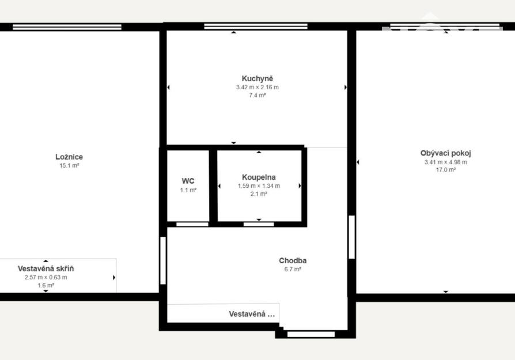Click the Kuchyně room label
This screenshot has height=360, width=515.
click(257, 79)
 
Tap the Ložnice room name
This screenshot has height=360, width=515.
click(69, 157)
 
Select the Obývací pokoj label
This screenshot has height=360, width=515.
click(445, 153)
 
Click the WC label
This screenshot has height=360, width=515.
click(188, 181)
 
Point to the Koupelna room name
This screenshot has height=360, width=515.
click(259, 177)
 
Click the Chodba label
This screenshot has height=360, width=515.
click(293, 261)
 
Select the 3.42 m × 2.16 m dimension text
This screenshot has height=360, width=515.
click(257, 88)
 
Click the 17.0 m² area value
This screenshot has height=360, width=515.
click(446, 170)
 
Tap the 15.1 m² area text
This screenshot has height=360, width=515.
click(69, 165)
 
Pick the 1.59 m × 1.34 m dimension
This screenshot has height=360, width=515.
click(259, 186)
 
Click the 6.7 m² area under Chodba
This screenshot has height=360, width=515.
click(293, 270)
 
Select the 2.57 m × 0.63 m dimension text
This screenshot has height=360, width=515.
click(46, 277)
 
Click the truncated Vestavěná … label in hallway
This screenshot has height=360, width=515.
click(252, 314)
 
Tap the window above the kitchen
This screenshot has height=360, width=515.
click(256, 26)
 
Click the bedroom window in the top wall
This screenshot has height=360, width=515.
click(67, 27)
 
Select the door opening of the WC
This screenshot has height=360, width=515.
click(192, 224)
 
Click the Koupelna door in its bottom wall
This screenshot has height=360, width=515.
click(259, 224)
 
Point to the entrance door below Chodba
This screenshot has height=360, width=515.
click(311, 335)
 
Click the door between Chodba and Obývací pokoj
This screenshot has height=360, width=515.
click(352, 237)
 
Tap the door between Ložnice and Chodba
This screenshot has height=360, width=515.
click(163, 260)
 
